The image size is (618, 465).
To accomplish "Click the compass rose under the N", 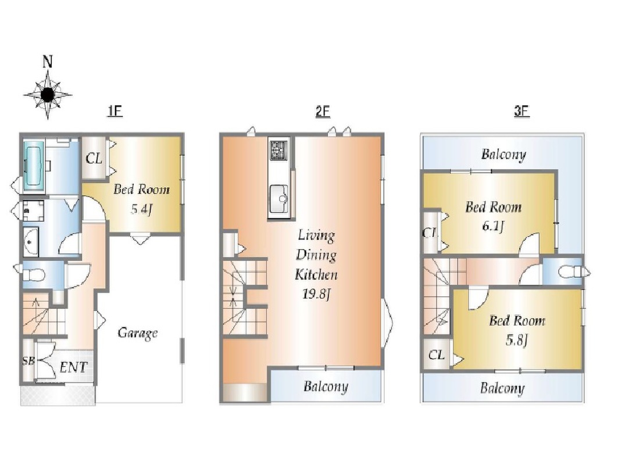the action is coord(48,95).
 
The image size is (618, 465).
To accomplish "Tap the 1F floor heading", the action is coord(115,111).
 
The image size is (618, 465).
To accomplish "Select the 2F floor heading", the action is coord(323,111).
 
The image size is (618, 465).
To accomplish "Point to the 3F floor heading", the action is coord(521,111).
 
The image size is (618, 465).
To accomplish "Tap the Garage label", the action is coord(138,334).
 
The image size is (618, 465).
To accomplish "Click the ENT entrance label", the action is coord(73,368).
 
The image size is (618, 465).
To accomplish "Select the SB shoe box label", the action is coord(28,360).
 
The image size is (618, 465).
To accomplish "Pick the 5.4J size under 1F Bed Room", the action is coord(141,209).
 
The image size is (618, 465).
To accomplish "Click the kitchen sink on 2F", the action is coord(280,199).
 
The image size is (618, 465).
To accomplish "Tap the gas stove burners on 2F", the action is coord(279,151).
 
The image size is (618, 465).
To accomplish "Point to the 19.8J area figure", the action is coord(316,294).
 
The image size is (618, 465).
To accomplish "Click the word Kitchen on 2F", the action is coord(316,274).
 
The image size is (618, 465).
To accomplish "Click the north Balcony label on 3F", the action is coord(503,154).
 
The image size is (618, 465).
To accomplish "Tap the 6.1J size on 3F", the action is coord(493,226).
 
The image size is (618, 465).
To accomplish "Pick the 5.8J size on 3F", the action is coord(517,339).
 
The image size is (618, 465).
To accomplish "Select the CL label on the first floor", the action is coord(94,159).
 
